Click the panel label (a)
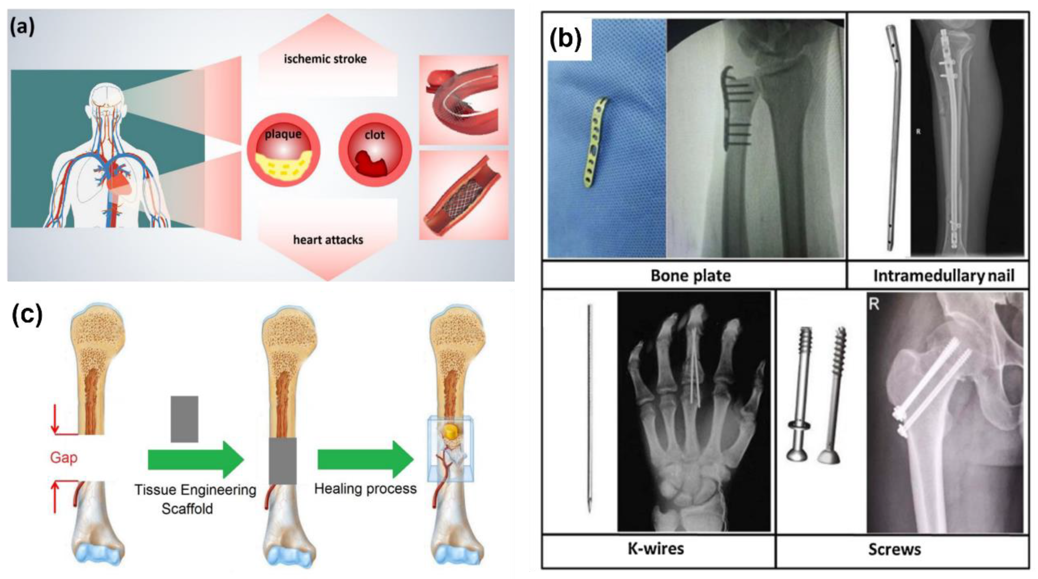click(x=23, y=27)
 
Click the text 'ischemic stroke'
click(x=325, y=59)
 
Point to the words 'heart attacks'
click(x=328, y=240)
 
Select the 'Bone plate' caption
click(x=691, y=276)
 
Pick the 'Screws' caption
click(x=894, y=549)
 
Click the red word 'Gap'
click(x=64, y=458)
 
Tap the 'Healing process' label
click(x=365, y=489)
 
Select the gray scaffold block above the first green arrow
click(x=184, y=419)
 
